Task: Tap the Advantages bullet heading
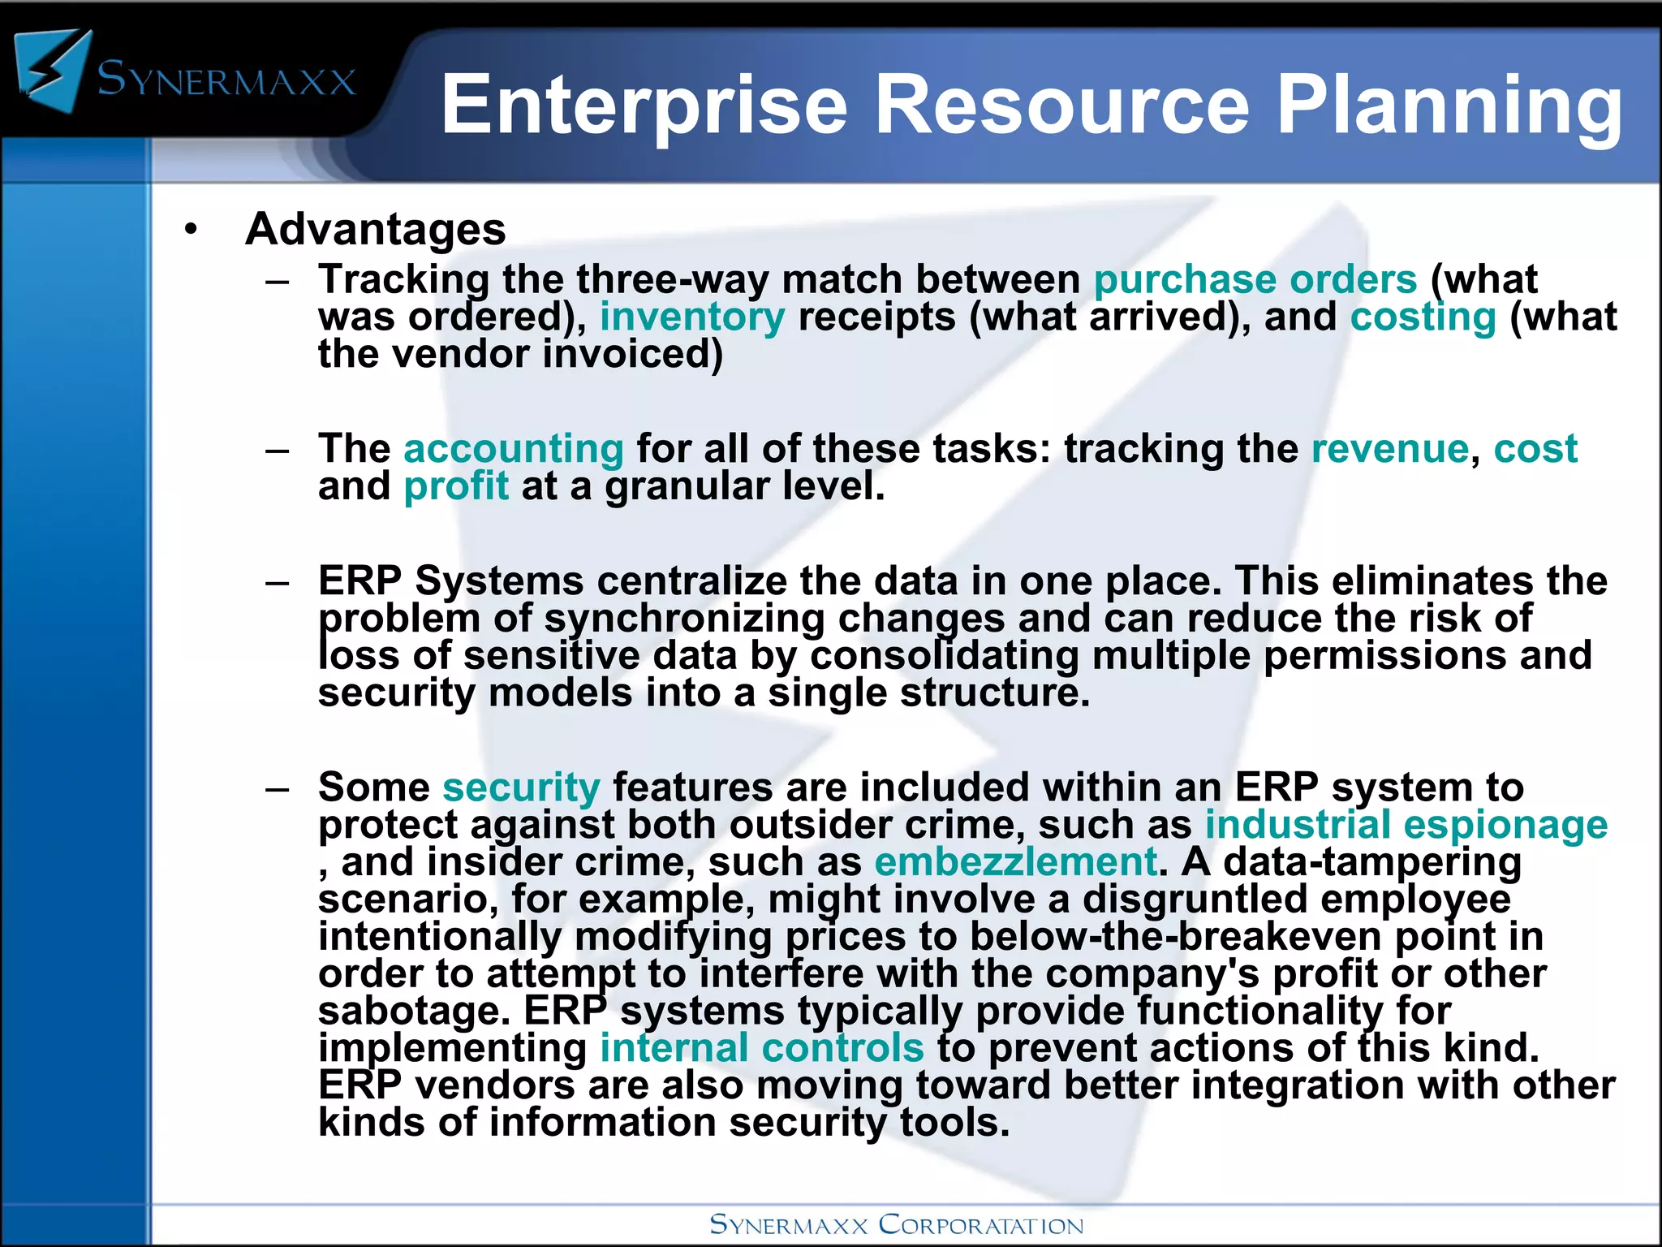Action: pyautogui.click(x=376, y=230)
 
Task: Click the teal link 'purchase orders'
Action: pyautogui.click(x=1255, y=280)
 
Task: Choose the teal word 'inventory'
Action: pyautogui.click(x=692, y=317)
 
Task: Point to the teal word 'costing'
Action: pyautogui.click(x=1423, y=317)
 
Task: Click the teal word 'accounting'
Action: pyautogui.click(x=514, y=449)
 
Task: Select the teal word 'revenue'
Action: pyautogui.click(x=1390, y=449)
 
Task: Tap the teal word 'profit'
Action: pyautogui.click(x=456, y=486)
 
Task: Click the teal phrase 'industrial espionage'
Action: pyautogui.click(x=1406, y=826)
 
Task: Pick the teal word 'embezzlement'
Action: pyautogui.click(x=1015, y=862)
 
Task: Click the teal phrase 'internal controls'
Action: pyautogui.click(x=762, y=1048)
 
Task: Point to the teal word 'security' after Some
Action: pyautogui.click(x=521, y=788)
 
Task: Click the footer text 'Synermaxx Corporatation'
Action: pyautogui.click(x=897, y=1225)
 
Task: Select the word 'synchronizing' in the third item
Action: pyautogui.click(x=684, y=619)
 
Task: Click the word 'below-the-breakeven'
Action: pyautogui.click(x=1175, y=937)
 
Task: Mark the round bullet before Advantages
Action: pyautogui.click(x=191, y=230)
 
